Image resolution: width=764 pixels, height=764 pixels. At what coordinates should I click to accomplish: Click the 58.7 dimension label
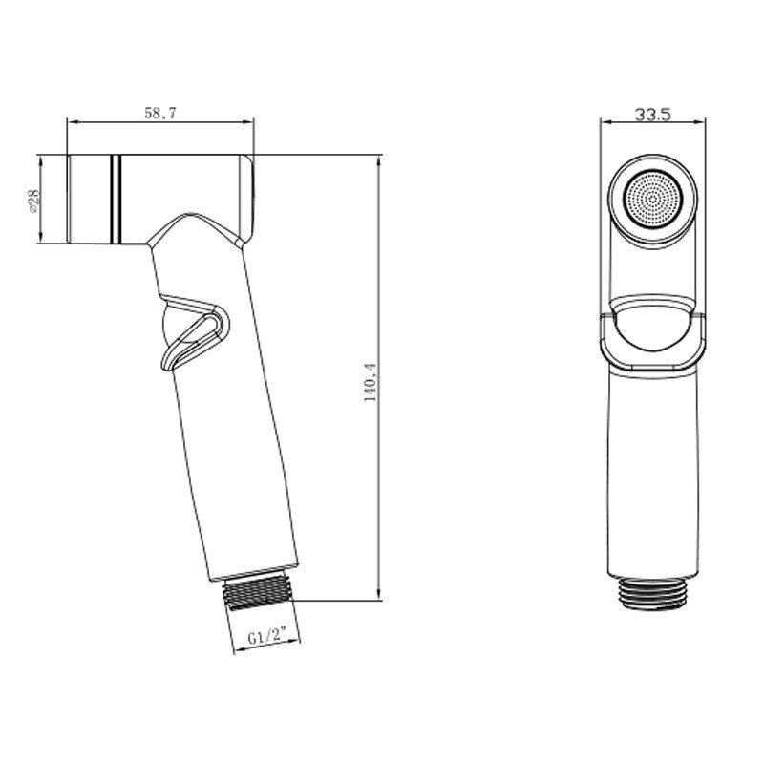pos(159,113)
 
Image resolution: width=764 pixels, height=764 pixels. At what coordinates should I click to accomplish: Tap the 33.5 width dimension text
pos(653,114)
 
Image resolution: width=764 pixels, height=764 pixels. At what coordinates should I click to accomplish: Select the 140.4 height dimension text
pos(371,382)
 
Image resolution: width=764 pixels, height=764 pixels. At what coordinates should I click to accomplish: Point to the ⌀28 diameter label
pos(34,200)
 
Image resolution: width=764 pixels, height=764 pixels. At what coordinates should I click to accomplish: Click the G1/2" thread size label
pos(266,637)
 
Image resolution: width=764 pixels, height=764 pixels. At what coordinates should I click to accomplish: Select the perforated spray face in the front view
pos(653,200)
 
